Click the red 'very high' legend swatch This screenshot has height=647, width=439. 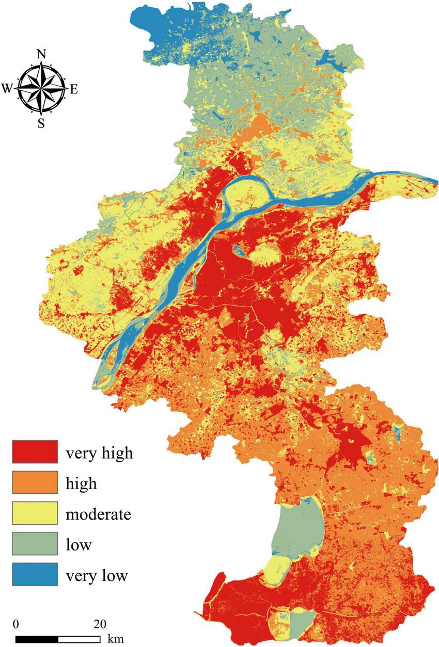pos(35,451)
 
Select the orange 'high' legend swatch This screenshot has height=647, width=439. pos(35,482)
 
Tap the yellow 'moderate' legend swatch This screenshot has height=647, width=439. pos(35,513)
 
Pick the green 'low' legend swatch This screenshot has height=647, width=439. pos(35,544)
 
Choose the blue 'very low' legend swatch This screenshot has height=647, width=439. pos(35,574)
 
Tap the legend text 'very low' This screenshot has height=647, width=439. pos(96,575)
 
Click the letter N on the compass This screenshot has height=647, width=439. pos(41,54)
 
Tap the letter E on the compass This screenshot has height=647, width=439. pos(73,89)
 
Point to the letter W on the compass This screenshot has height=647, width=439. pos(8,89)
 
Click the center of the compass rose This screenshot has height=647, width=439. pos(41,88)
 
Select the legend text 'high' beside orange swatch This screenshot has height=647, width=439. pos(81,483)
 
